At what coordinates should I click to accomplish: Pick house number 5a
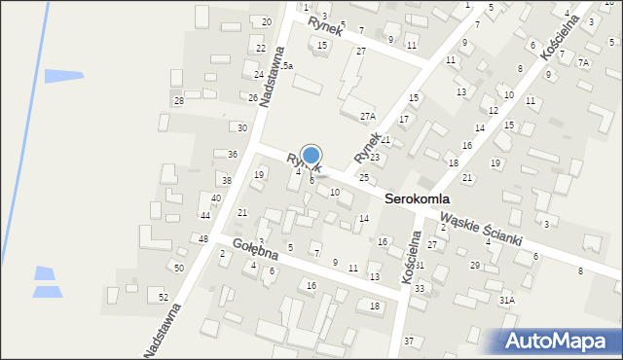click(288, 65)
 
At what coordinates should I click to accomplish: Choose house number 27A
click(367, 116)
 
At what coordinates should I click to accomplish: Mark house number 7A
click(583, 62)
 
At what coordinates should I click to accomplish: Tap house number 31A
click(507, 301)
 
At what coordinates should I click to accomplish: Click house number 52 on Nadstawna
click(164, 297)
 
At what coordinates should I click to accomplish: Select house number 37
click(409, 341)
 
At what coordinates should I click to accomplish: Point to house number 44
click(204, 215)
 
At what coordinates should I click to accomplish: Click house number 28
click(179, 101)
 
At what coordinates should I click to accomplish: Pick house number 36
click(232, 155)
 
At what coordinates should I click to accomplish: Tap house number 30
click(242, 128)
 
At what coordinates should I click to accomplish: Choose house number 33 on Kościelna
click(420, 289)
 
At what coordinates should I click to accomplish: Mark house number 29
click(475, 266)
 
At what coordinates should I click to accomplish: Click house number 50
click(178, 268)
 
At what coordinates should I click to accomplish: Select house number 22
click(260, 49)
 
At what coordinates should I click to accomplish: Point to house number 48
click(203, 239)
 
